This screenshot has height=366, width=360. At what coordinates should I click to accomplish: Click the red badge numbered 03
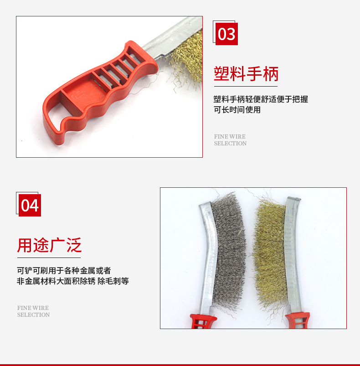pos(226,34)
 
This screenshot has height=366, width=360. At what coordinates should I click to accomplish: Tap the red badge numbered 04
pos(30,206)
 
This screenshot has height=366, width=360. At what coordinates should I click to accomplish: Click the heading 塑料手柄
pos(246,73)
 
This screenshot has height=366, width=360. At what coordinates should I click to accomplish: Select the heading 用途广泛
pos(49,245)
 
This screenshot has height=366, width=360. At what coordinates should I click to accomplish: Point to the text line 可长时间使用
pos(237,110)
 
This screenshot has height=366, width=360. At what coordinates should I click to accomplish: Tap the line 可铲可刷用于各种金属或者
pos(64,270)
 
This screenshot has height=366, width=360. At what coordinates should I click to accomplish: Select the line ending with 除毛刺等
pos(73,281)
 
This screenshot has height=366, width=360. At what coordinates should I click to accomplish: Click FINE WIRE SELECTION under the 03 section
pos(230,140)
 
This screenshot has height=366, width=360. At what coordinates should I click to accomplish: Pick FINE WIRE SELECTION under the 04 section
pos(33,311)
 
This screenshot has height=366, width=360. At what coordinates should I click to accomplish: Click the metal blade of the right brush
pos(292,255)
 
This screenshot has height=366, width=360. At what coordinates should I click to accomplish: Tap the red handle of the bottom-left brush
pos(201,322)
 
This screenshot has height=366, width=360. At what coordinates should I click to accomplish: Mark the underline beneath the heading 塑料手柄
pos(246,86)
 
